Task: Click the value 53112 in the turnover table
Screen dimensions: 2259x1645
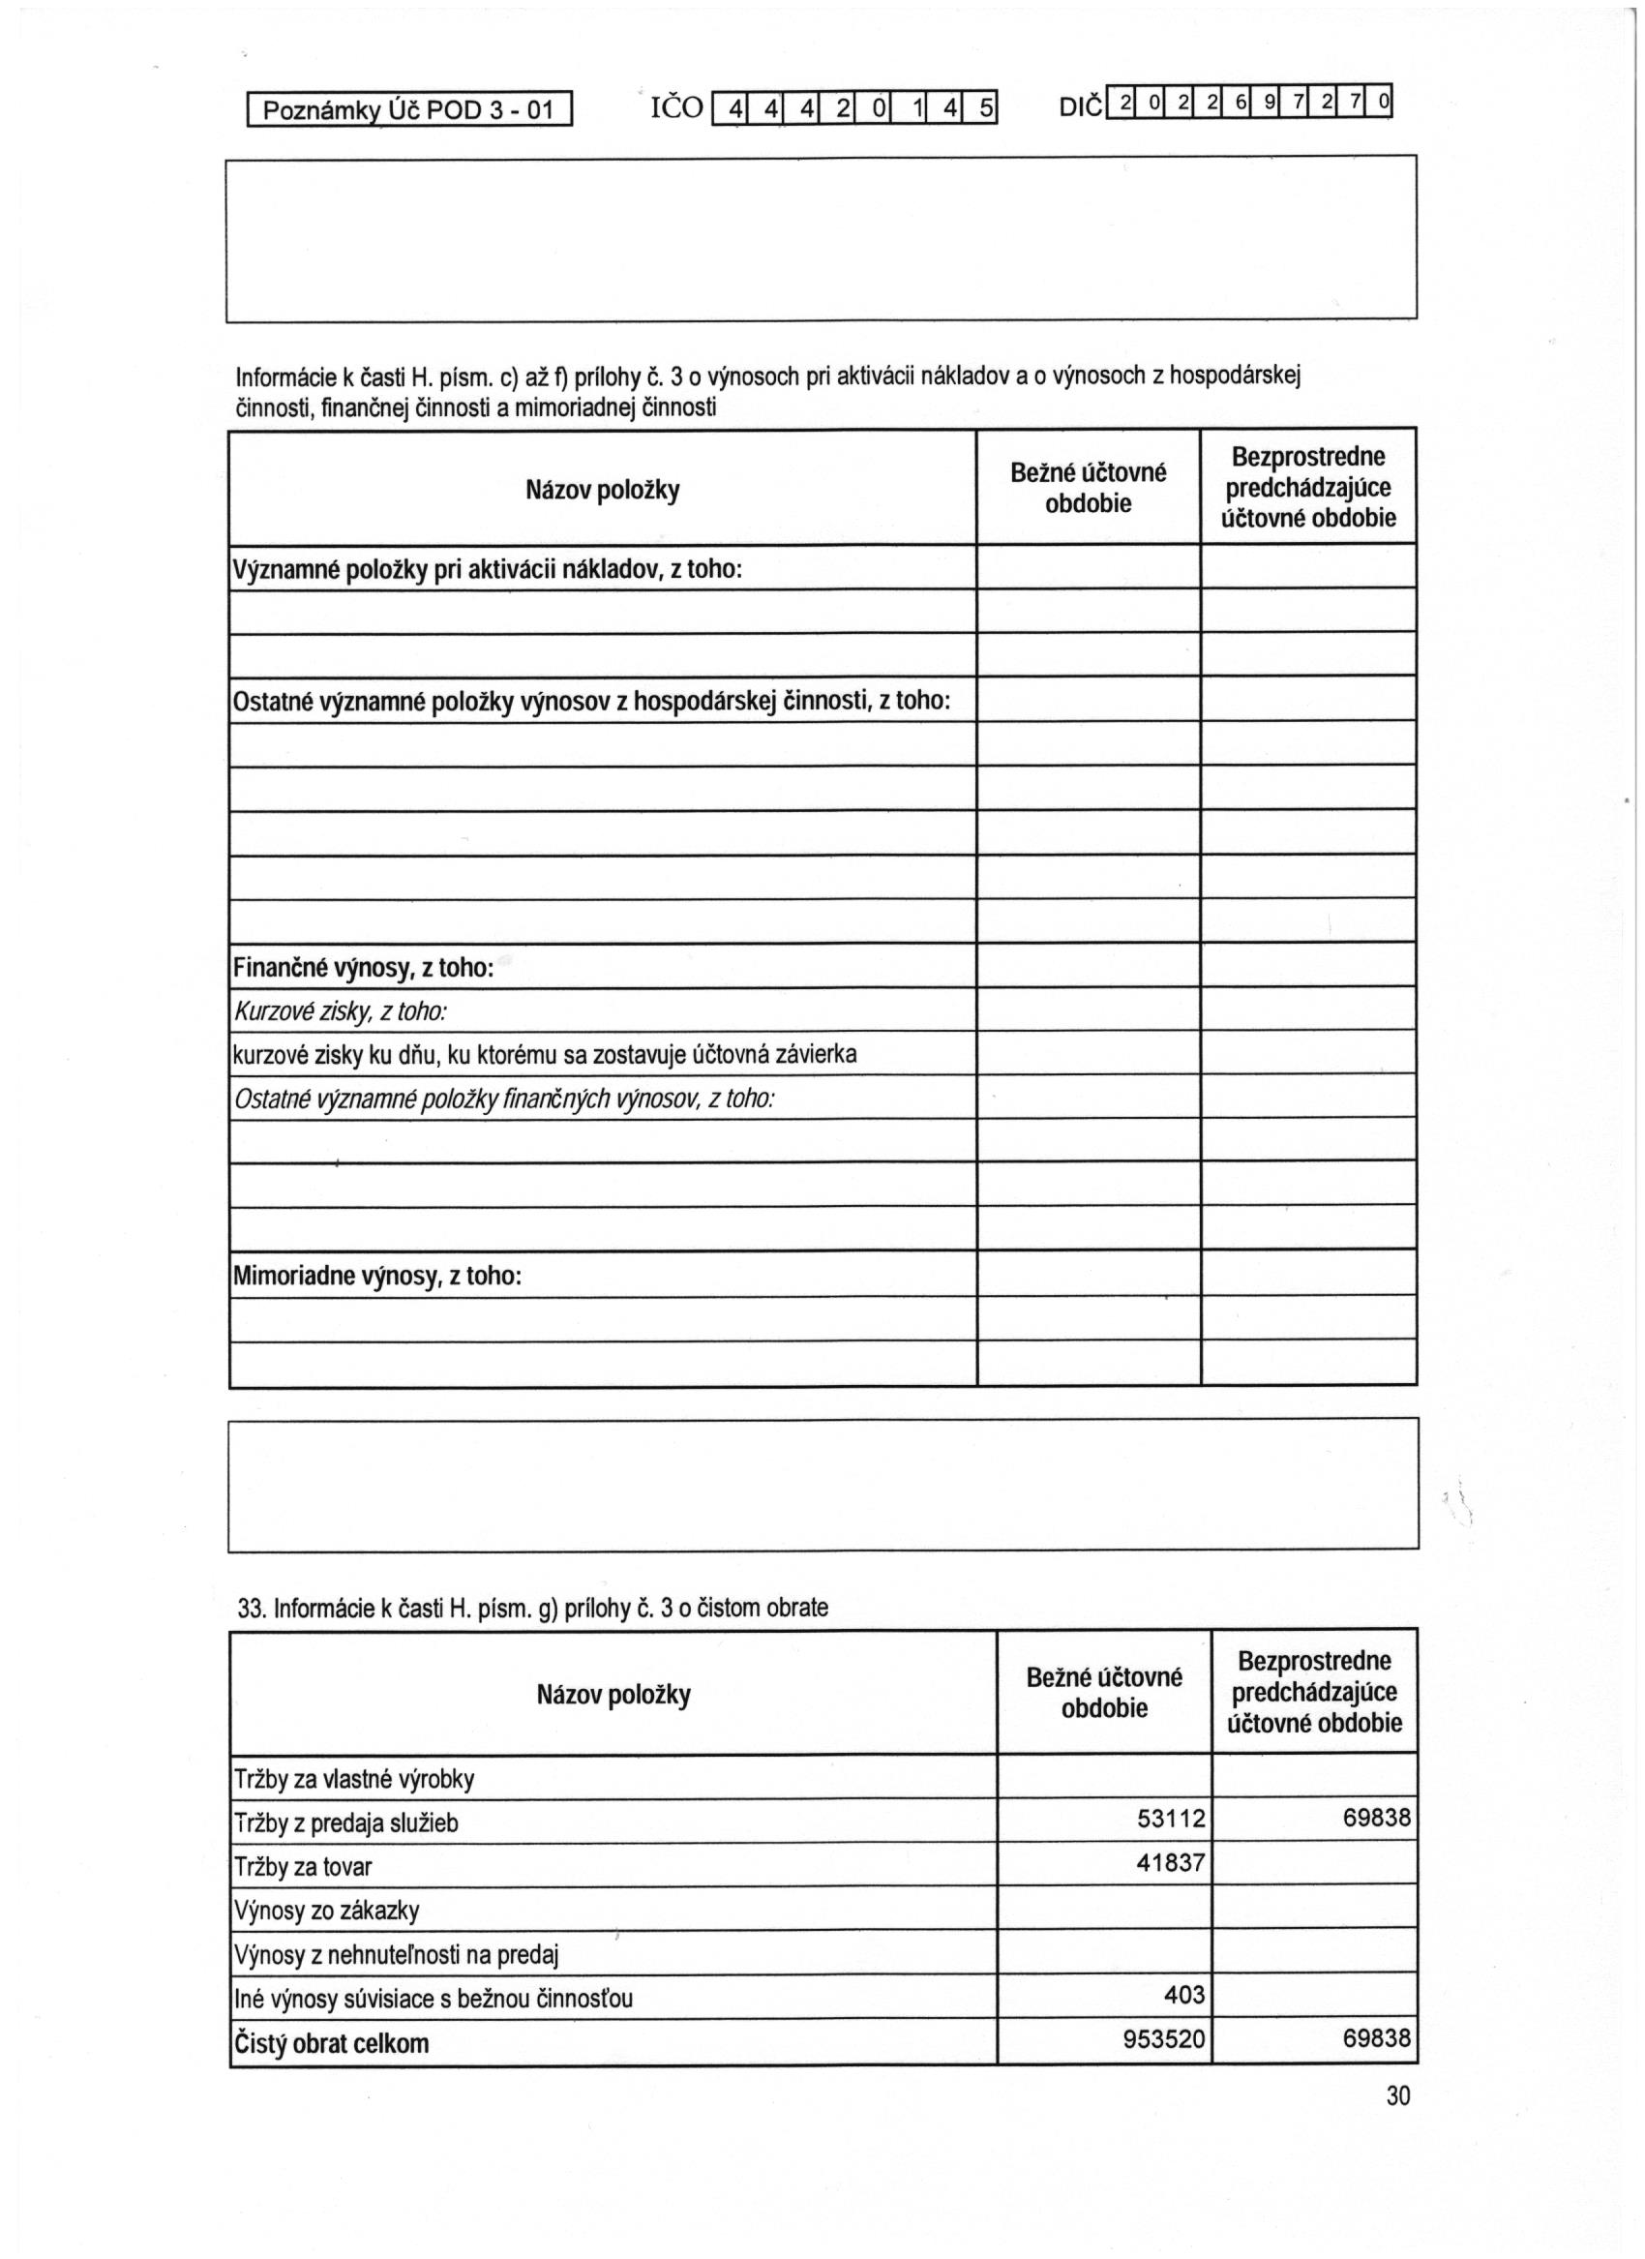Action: (1171, 1820)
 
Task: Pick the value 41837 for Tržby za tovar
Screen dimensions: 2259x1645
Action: (1171, 1862)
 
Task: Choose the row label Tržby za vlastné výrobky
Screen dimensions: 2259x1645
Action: (353, 1780)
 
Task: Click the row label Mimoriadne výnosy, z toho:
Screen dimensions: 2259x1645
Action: (377, 1276)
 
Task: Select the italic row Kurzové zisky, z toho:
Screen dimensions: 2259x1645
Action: (340, 1012)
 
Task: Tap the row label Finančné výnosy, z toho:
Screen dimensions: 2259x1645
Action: (364, 968)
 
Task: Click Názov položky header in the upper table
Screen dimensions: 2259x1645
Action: (603, 490)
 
